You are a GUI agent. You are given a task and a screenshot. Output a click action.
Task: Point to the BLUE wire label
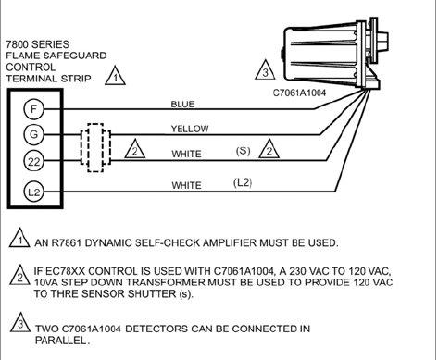(182, 104)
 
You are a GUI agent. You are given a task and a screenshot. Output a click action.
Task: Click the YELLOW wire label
(190, 129)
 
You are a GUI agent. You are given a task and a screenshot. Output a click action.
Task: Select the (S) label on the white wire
(243, 151)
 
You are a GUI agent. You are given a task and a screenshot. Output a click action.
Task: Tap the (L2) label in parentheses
(243, 182)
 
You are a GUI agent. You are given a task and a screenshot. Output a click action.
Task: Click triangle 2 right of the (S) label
(269, 149)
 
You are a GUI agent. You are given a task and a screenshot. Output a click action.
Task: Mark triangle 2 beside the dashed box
(135, 149)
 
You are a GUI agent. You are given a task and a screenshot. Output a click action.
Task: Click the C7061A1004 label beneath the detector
(299, 93)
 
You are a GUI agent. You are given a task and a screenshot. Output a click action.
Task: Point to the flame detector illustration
(335, 54)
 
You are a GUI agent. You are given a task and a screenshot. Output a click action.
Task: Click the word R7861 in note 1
(67, 243)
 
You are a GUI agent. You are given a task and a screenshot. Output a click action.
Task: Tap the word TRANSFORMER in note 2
(155, 282)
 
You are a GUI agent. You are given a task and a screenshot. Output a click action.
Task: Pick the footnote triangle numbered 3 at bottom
(20, 323)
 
